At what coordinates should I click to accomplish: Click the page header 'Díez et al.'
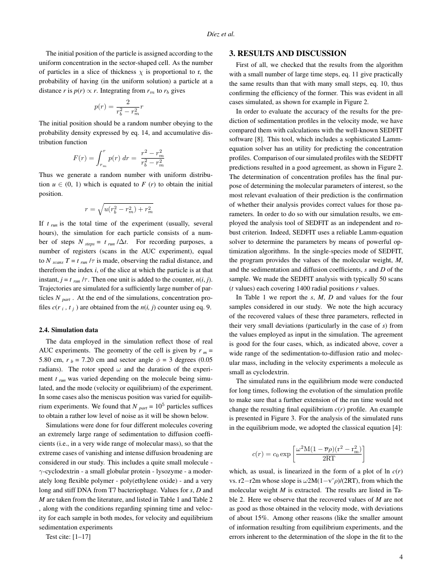(221, 34)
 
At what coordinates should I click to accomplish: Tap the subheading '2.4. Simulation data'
(68, 330)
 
